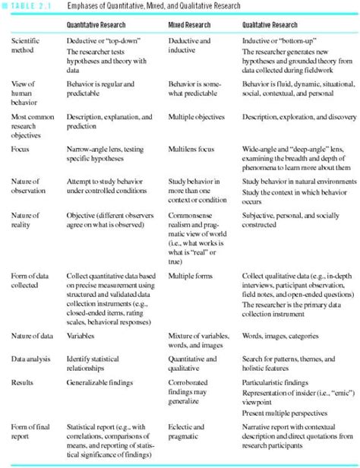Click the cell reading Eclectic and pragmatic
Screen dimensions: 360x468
pyautogui.click(x=186, y=432)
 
